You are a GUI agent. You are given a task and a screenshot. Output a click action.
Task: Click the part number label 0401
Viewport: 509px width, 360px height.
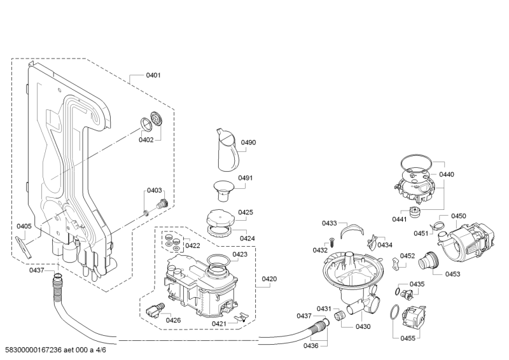[153, 75]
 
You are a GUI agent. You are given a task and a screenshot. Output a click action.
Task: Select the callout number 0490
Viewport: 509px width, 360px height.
[248, 142]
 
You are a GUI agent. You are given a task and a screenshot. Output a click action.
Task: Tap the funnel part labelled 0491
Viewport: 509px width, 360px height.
[224, 191]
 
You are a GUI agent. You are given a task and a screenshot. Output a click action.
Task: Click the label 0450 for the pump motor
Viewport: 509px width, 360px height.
[458, 216]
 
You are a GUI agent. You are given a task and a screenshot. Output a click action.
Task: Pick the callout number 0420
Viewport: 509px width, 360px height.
[269, 279]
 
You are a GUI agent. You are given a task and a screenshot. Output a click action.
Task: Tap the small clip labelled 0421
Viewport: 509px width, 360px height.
[241, 317]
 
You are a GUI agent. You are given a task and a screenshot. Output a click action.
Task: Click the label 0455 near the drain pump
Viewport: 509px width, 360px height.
[408, 338]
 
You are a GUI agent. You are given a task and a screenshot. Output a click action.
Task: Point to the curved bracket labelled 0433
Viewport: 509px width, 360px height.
[352, 230]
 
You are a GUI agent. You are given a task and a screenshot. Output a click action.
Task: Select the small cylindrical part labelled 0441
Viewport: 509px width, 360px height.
[415, 212]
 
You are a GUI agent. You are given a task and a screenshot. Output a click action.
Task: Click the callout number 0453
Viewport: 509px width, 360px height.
[452, 274]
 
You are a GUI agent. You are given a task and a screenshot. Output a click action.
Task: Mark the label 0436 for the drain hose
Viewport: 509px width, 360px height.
[310, 346]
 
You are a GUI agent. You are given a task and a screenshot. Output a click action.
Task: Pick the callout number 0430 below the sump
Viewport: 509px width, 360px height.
[363, 327]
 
